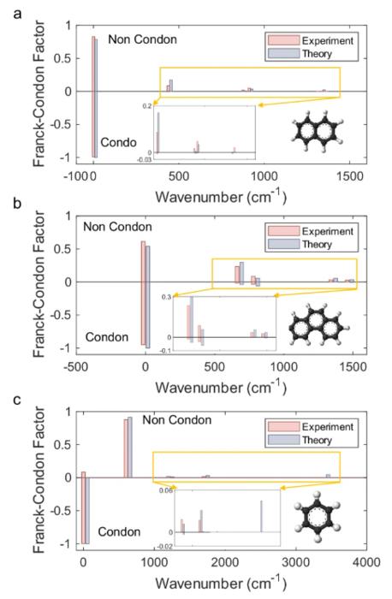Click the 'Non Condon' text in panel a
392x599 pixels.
coord(142,39)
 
